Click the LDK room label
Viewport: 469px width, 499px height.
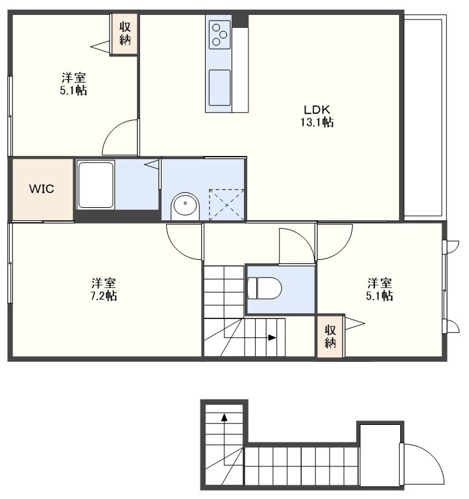[x=317, y=109]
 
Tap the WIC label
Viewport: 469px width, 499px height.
[x=42, y=188]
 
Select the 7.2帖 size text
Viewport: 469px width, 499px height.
[x=104, y=296]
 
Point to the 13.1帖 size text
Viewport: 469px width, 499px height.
[x=317, y=122]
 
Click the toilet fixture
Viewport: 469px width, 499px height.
[x=265, y=288]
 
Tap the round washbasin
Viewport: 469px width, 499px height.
[x=185, y=206]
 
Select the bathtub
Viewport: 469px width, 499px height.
[x=95, y=185]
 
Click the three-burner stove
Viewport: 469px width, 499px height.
[x=219, y=34]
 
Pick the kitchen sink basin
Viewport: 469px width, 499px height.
[x=219, y=88]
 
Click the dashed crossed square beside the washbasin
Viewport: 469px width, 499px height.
[x=226, y=205]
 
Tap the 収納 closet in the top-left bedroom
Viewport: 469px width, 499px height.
[x=125, y=34]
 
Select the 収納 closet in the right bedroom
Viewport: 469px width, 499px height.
[x=330, y=337]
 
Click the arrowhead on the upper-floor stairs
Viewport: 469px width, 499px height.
[x=272, y=338]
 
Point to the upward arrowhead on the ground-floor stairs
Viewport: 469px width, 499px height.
[x=224, y=417]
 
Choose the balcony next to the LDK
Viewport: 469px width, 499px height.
[x=425, y=118]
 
